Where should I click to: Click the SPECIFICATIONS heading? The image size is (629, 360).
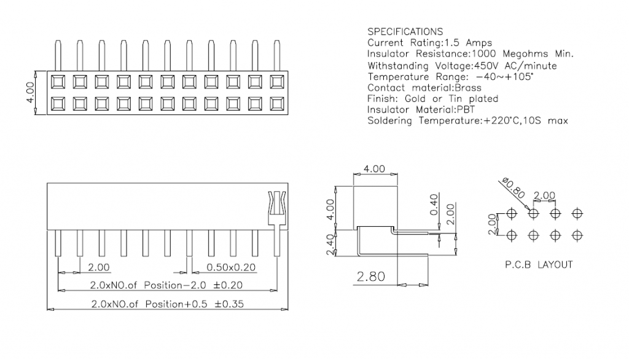(405, 31)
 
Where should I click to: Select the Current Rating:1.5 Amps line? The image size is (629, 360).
(429, 42)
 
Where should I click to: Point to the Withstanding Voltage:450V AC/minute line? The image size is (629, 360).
(462, 65)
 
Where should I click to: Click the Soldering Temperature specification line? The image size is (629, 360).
(467, 121)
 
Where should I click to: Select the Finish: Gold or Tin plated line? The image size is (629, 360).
(432, 98)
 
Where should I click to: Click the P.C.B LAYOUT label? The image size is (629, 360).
(539, 265)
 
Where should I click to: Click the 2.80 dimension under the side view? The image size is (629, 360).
(371, 277)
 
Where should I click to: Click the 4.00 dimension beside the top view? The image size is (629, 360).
(30, 92)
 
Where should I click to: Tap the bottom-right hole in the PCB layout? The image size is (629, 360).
(577, 234)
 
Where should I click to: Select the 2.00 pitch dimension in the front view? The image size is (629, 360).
(99, 267)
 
